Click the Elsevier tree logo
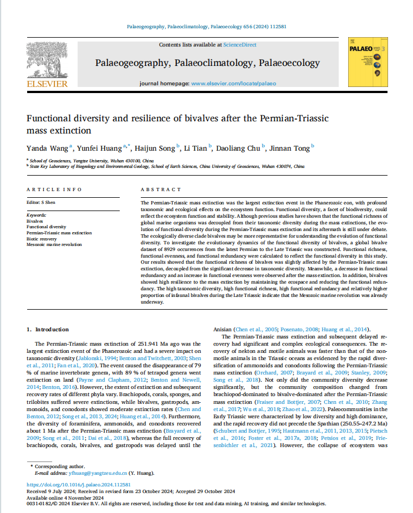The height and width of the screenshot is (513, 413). coord(47,59)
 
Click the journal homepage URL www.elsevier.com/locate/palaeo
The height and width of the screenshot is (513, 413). coord(233,83)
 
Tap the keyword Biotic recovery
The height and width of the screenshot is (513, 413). coord(43,239)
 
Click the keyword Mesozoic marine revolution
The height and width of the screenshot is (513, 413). coord(54,244)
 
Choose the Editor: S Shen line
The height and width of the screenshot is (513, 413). coord(41,202)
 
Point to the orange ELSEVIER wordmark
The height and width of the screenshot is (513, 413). coord(47,84)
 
